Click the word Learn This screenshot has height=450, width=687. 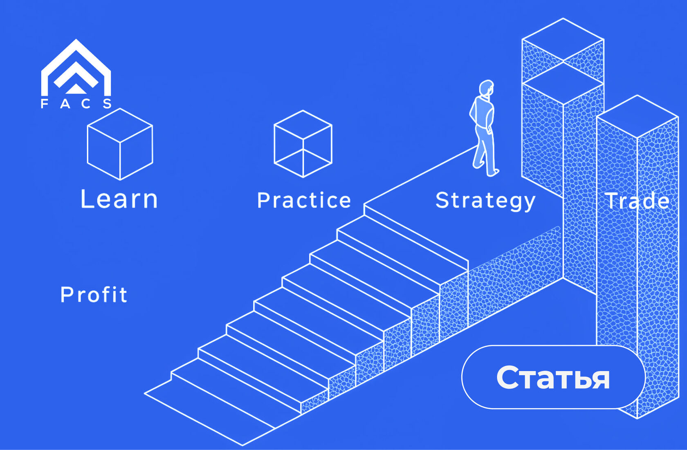pos(119,199)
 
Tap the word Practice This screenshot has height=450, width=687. pos(304,200)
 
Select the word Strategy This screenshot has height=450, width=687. pos(485,201)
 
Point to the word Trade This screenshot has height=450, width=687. pos(637,201)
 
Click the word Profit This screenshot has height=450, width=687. pos(94,295)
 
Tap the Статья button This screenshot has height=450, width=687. pos(553,377)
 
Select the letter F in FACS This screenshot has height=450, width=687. pos(44,104)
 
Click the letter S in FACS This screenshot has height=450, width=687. pos(107,104)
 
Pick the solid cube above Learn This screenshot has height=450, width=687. pos(120,144)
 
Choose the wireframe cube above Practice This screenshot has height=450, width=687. pos(303,144)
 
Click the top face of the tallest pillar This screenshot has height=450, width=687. pos(563,40)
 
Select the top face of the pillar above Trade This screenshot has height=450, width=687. pos(637,116)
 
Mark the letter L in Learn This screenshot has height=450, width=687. pos(86,199)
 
